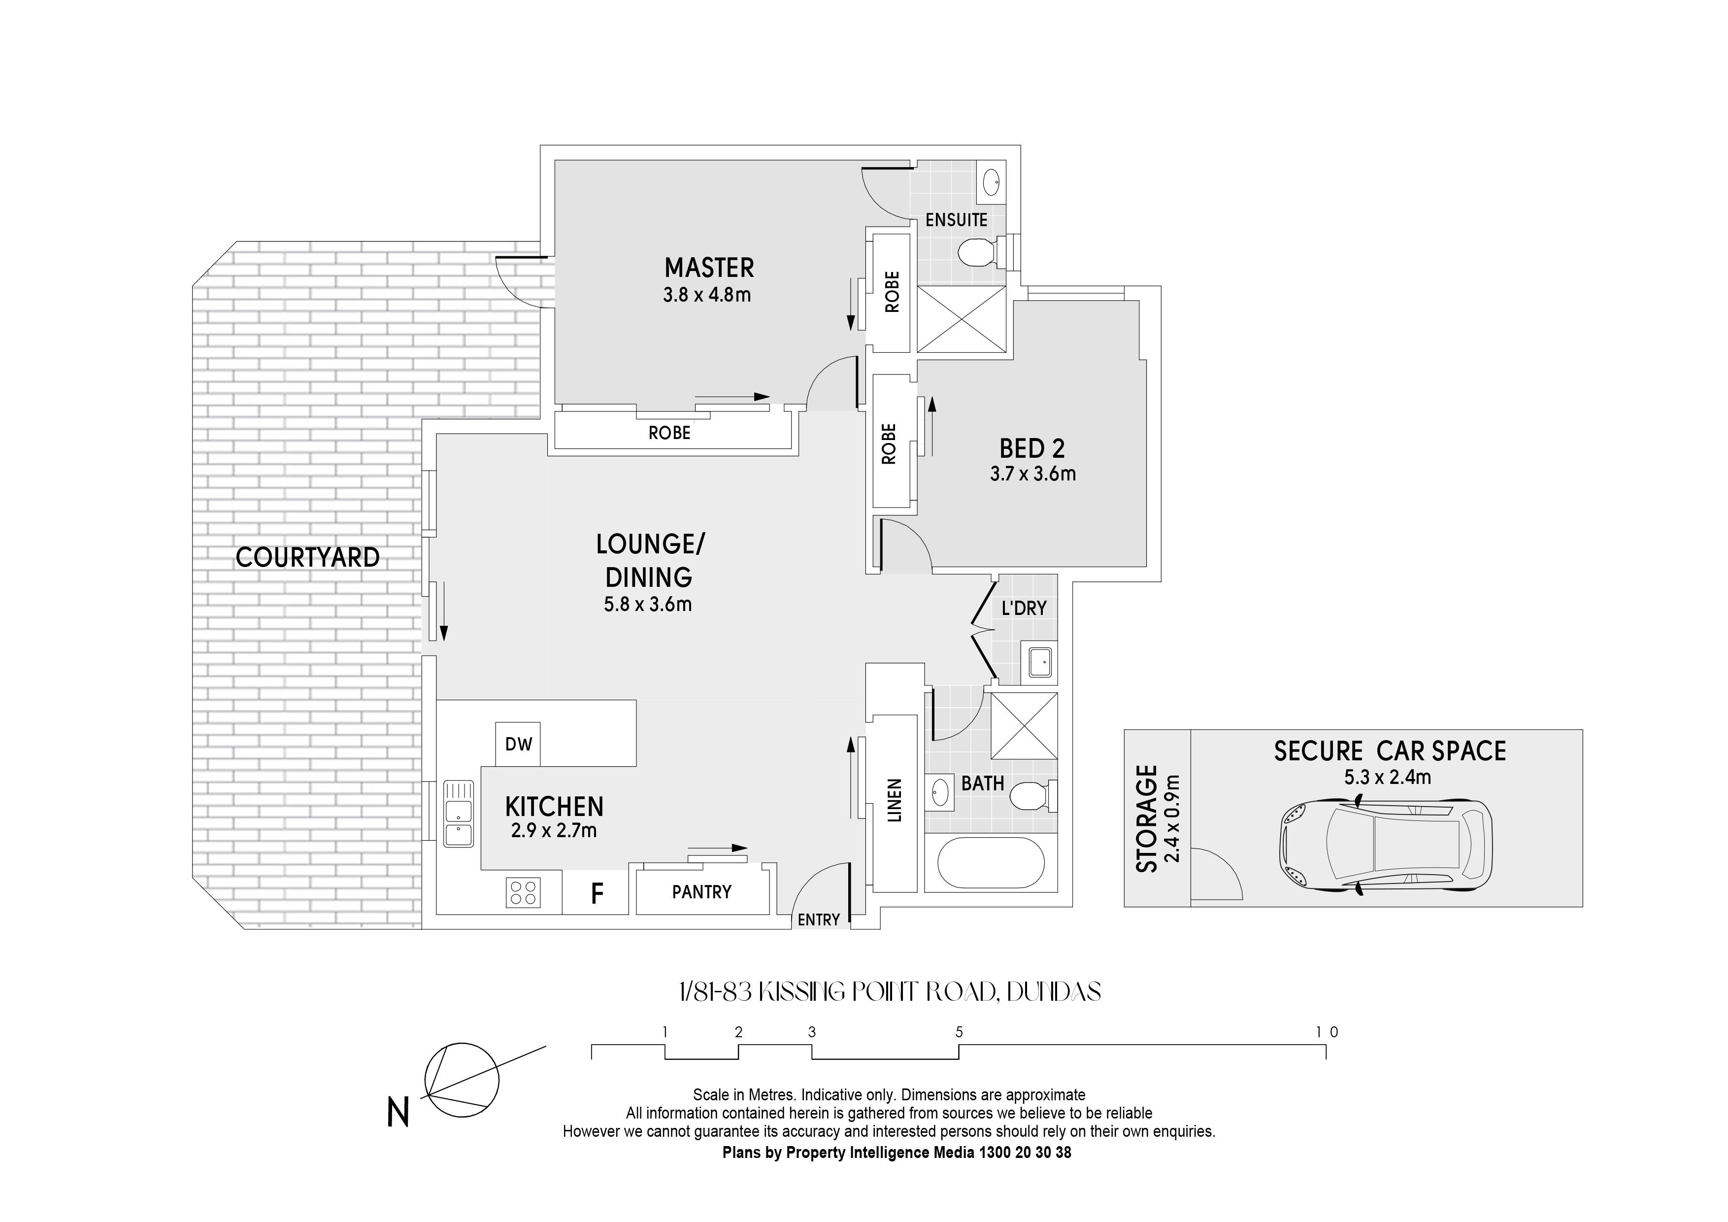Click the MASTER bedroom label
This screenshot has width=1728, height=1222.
(709, 268)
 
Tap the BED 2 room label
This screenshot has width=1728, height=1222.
(1032, 449)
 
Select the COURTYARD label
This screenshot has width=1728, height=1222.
(308, 558)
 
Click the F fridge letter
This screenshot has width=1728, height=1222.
(597, 894)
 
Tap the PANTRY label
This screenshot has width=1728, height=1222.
(701, 892)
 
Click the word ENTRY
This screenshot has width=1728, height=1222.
(819, 920)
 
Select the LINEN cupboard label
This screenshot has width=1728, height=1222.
(894, 800)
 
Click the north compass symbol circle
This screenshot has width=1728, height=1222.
(462, 1080)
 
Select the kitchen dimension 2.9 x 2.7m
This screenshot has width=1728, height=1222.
(554, 830)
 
